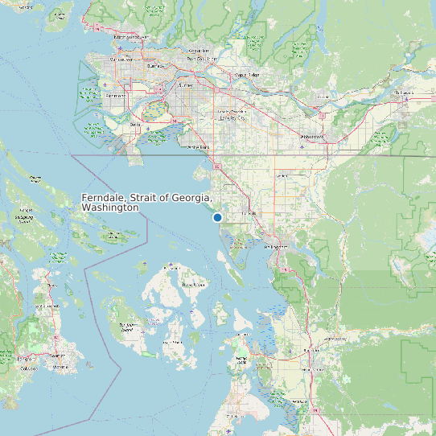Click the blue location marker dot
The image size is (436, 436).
tap(217, 217)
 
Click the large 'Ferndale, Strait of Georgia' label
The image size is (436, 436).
tap(146, 203)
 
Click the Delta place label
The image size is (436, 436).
tap(135, 125)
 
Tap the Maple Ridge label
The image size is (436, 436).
tap(247, 75)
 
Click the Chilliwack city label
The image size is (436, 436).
tap(402, 93)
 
